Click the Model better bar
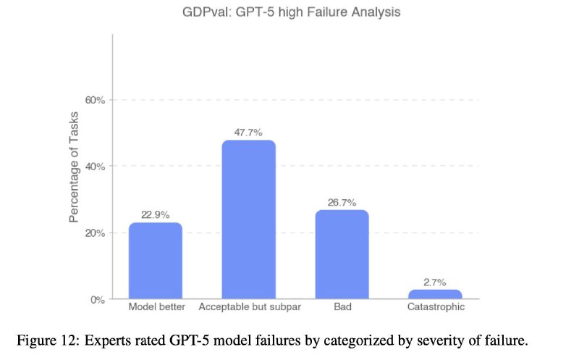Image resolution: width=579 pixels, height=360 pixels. pos(156,261)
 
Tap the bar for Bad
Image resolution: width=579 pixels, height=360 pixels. pos(342,254)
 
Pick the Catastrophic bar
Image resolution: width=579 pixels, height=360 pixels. pos(435,294)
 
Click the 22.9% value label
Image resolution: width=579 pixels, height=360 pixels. pos(156,215)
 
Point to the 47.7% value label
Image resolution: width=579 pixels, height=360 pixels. pos(248,133)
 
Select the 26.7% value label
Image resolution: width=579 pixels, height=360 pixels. pos(342,203)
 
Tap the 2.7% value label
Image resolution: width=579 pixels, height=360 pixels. pos(435,282)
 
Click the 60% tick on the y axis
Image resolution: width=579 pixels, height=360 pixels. pos(96,100)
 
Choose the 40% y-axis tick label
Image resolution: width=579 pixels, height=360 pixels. pos(96,167)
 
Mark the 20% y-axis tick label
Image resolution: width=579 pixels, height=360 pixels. pos(96,233)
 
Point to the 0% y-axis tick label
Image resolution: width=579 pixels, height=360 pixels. pos(98,299)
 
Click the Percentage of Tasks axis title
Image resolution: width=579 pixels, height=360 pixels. pos(74,167)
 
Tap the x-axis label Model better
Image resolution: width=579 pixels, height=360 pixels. pos(156,307)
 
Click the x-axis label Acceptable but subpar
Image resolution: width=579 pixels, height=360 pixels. pos(250,307)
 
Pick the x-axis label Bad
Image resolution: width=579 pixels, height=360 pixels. pos(343,307)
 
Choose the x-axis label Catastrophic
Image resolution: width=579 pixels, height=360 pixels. pos(435,307)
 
